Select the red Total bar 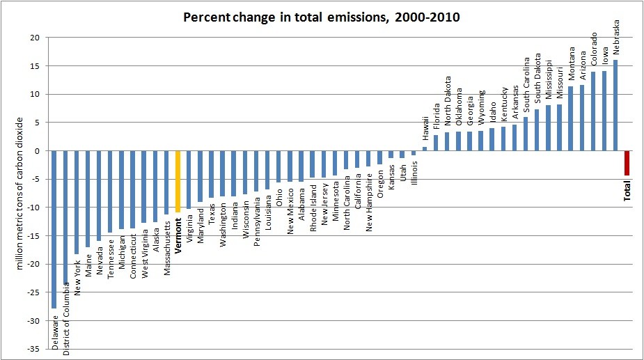627,163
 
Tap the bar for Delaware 54,229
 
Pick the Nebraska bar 616,105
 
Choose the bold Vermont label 178,238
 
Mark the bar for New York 77,203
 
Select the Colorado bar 593,111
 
